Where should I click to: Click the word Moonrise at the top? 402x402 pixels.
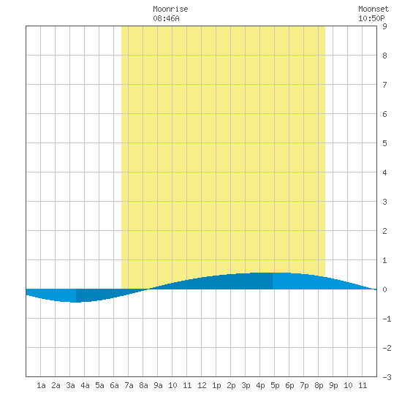pyautogui.click(x=170, y=9)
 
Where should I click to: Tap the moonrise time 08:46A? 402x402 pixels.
pyautogui.click(x=166, y=18)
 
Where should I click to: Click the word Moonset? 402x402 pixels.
pyautogui.click(x=373, y=9)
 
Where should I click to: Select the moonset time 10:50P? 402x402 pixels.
pyautogui.click(x=371, y=18)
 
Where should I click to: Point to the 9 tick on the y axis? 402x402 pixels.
pyautogui.click(x=384, y=26)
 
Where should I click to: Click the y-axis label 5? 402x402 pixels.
pyautogui.click(x=384, y=143)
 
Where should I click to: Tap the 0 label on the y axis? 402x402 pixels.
pyautogui.click(x=384, y=289)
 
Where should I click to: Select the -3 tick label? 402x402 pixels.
pyautogui.click(x=387, y=377)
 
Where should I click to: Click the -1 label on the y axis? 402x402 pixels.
pyautogui.click(x=387, y=319)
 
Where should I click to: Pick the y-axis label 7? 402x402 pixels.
pyautogui.click(x=384, y=85)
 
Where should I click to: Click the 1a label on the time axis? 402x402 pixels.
pyautogui.click(x=41, y=385)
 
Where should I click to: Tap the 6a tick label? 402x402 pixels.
pyautogui.click(x=114, y=385)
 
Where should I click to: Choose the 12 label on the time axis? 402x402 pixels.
pyautogui.click(x=202, y=385)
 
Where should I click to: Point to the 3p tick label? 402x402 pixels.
pyautogui.click(x=246, y=385)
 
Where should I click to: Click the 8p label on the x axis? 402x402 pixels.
pyautogui.click(x=319, y=385)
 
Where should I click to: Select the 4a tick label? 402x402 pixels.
pyautogui.click(x=85, y=385)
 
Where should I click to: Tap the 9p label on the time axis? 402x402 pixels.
pyautogui.click(x=333, y=385)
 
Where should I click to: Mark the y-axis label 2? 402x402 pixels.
pyautogui.click(x=384, y=231)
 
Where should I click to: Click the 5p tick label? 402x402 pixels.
pyautogui.click(x=275, y=385)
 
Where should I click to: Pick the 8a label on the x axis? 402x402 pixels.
pyautogui.click(x=143, y=385)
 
